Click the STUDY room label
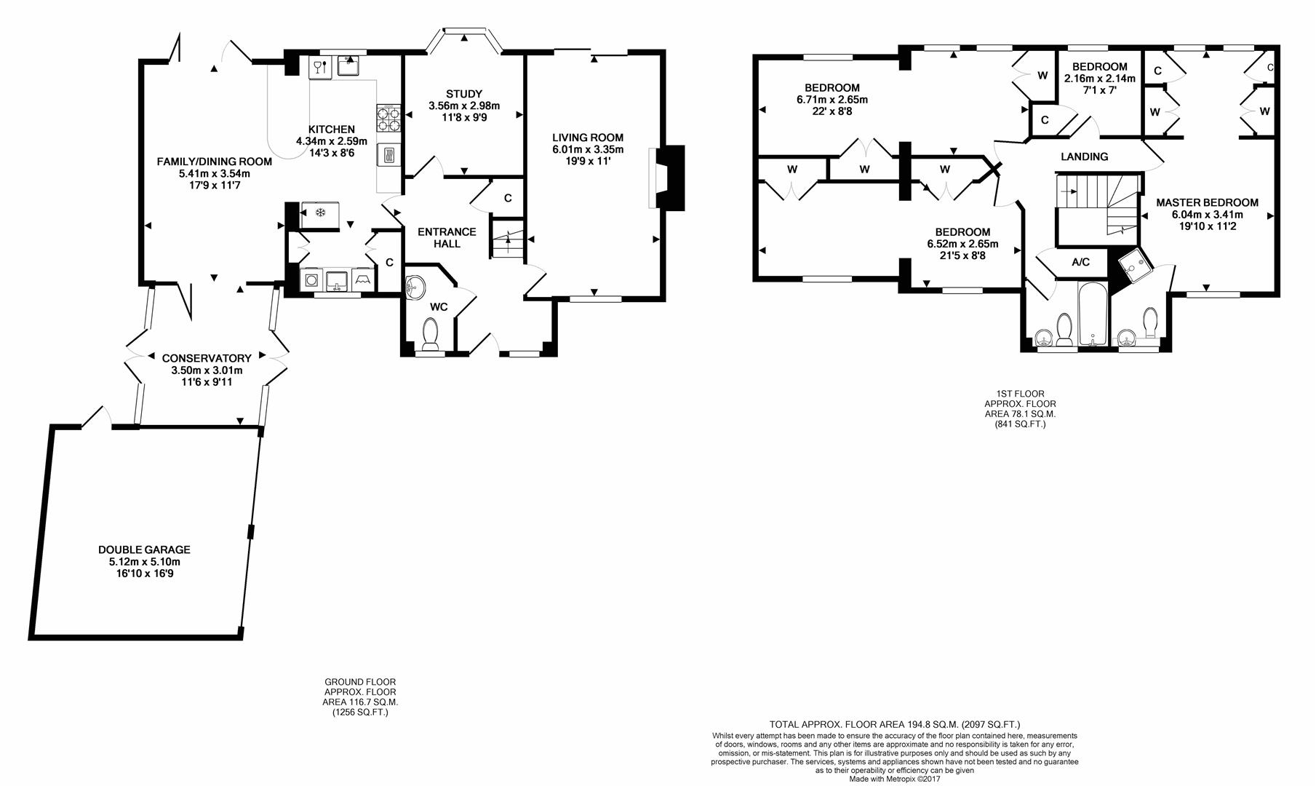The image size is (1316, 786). click(x=463, y=94)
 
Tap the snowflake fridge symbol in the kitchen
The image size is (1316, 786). click(x=319, y=213)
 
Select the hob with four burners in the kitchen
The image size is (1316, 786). click(x=388, y=118)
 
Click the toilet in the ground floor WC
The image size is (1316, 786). click(x=430, y=335)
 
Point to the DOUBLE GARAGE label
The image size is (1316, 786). click(x=144, y=550)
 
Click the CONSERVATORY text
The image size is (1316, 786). click(x=207, y=358)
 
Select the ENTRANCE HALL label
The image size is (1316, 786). click(x=447, y=237)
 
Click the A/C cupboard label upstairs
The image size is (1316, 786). click(x=1080, y=262)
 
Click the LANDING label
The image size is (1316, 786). click(x=1084, y=156)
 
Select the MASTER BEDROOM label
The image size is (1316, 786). click(x=1207, y=203)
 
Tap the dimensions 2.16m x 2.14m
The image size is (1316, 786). click(x=1099, y=79)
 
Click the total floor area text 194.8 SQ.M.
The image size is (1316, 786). click(x=895, y=724)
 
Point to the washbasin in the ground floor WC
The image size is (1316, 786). click(x=415, y=287)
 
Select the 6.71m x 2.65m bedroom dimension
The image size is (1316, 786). click(x=832, y=100)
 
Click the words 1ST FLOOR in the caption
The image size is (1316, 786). click(x=1020, y=394)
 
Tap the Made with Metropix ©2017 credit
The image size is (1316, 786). click(x=894, y=779)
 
